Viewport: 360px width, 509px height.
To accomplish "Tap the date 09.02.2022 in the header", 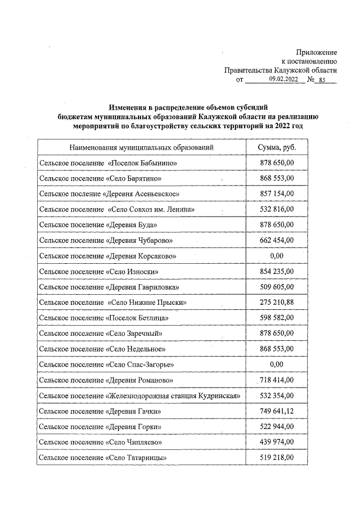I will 283,79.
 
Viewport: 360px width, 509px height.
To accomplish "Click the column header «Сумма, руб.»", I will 276,147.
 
